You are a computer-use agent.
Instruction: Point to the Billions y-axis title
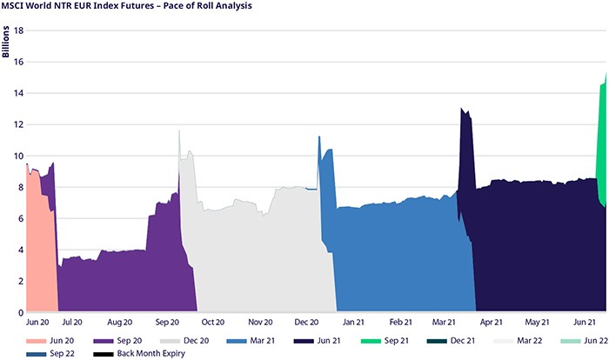(x=6, y=43)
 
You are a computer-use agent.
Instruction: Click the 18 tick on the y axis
(x=17, y=30)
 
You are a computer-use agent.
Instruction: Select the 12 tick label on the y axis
(x=17, y=124)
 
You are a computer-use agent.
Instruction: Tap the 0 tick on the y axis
(x=20, y=312)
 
